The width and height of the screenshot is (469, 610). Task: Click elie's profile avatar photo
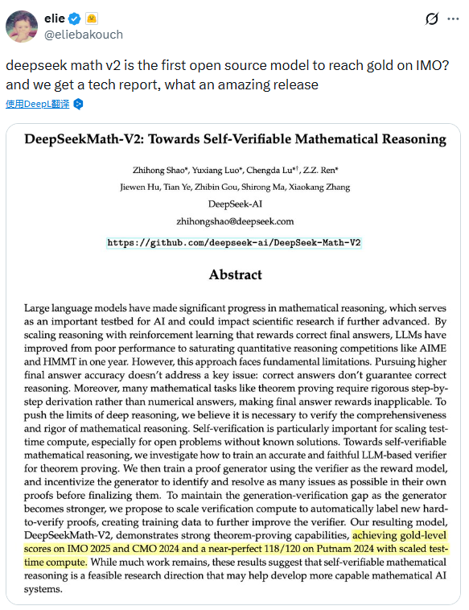coord(22,27)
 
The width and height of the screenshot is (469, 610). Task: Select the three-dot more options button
coord(454,19)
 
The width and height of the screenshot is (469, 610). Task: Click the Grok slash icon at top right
coord(431,19)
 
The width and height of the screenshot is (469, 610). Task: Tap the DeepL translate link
coord(39,104)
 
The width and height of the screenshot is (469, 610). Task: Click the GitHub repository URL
coord(235,241)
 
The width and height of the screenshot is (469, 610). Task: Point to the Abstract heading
coord(235,274)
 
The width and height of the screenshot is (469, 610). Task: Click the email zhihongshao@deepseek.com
coord(235,221)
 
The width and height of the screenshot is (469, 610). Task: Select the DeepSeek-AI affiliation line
coord(235,204)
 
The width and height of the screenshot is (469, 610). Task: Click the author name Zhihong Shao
coord(160,170)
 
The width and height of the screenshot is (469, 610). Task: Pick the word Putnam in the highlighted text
coord(333,548)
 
